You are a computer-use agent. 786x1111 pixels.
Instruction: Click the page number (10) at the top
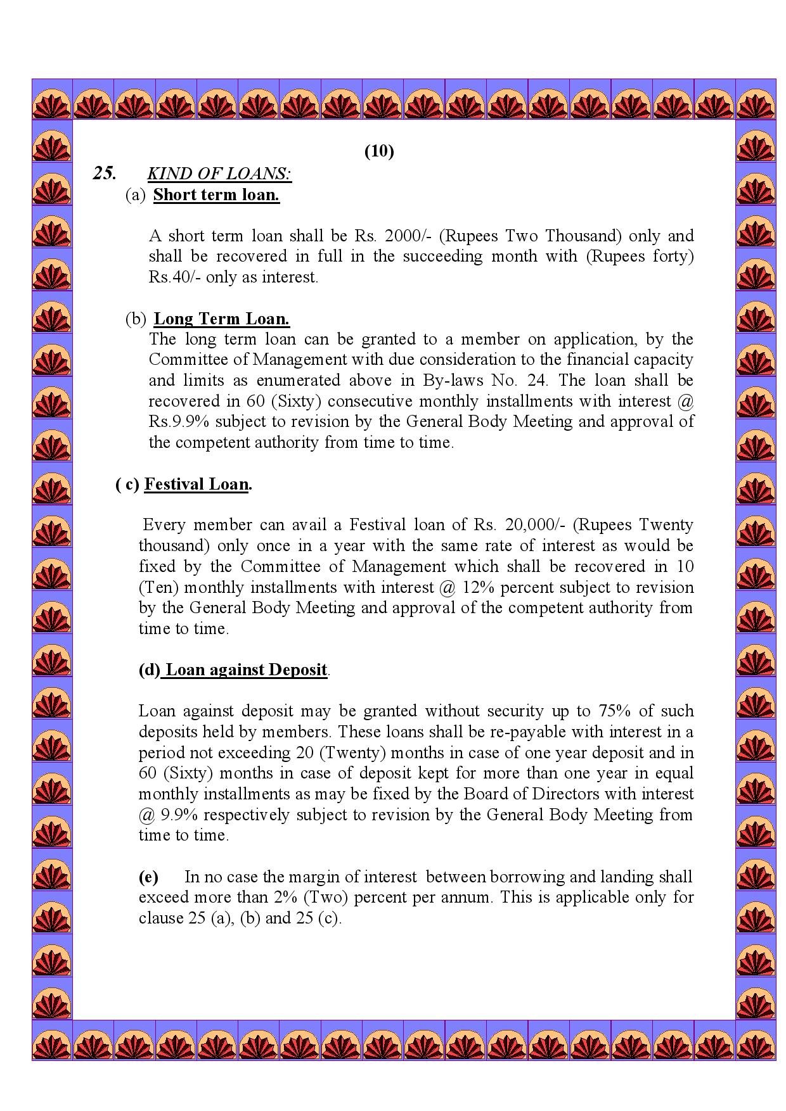(x=379, y=151)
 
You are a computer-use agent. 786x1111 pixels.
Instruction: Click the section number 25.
(x=105, y=173)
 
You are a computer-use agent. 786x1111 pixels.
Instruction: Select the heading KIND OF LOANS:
(x=219, y=174)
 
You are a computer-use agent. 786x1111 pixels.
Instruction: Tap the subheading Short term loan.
(x=216, y=194)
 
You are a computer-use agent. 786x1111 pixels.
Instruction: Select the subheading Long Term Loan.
(x=222, y=319)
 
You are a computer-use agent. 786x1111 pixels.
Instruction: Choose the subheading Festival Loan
(x=196, y=485)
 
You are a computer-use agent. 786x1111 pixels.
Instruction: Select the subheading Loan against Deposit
(x=246, y=670)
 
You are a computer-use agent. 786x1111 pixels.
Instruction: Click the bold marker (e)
(x=148, y=877)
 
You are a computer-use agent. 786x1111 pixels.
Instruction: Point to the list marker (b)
(x=136, y=319)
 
